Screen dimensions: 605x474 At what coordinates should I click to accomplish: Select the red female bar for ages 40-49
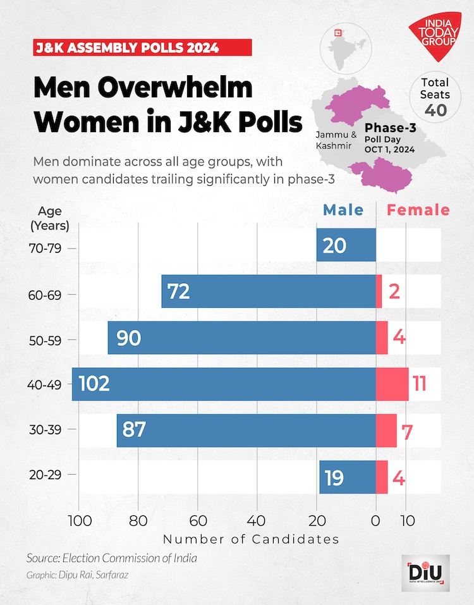(392, 384)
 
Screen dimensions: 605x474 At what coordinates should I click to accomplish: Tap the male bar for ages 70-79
(346, 245)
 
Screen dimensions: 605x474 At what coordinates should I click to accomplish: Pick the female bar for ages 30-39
(386, 431)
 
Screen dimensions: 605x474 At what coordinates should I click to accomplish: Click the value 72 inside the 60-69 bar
(178, 291)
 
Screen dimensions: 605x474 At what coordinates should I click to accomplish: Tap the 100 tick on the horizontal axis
(78, 522)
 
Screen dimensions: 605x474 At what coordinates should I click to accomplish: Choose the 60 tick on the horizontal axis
(198, 522)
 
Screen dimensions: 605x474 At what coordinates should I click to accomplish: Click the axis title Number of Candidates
(251, 539)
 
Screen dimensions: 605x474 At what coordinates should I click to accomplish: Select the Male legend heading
(343, 210)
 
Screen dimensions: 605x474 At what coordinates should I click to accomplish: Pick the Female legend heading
(418, 210)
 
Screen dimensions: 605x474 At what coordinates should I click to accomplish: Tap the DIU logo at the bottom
(425, 573)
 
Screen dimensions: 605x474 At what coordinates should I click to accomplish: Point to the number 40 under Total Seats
(435, 110)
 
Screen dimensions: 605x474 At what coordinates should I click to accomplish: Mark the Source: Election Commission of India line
(111, 558)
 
